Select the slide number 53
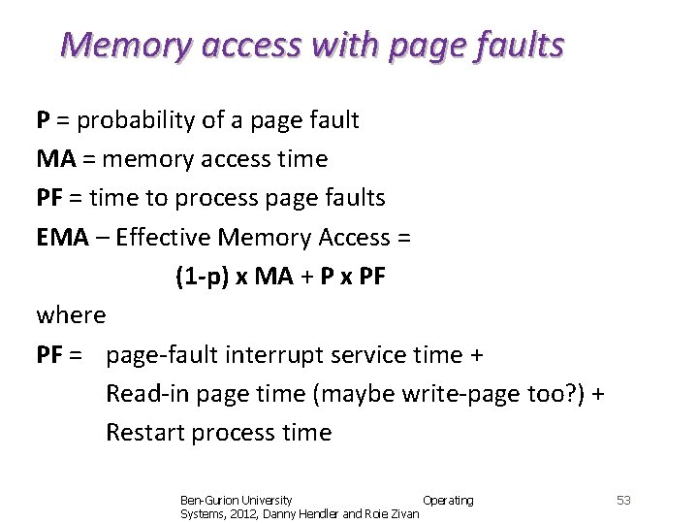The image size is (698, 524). (623, 500)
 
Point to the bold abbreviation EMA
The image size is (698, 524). (62, 238)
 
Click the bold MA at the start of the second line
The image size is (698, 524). (55, 159)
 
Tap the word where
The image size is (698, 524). (71, 315)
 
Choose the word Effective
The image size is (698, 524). (164, 238)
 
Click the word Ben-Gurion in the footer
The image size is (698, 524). (206, 500)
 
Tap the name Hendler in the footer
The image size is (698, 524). (318, 513)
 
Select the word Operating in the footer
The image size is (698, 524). (448, 500)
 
